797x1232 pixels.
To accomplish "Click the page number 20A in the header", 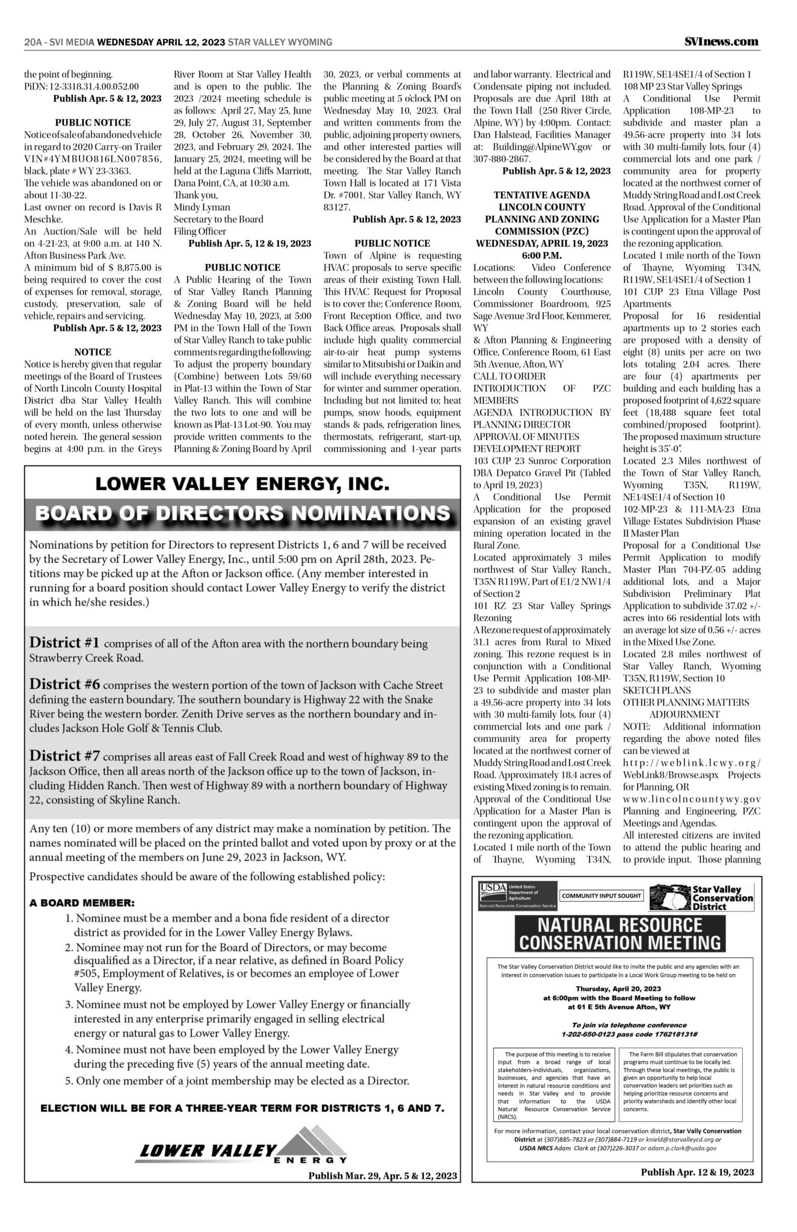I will pos(32,42).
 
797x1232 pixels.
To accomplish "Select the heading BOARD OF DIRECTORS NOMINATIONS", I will pos(242,513).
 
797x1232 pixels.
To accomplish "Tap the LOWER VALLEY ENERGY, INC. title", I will pos(242,484).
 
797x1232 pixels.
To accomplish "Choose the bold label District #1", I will pos(65,643).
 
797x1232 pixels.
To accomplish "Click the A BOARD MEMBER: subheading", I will pos(82,903).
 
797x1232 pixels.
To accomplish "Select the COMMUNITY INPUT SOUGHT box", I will pos(601,896).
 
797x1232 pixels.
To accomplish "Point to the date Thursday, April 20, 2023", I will pos(618,988).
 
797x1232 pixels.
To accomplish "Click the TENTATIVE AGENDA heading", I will pos(541,196).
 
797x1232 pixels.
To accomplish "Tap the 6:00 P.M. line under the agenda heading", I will pos(541,256).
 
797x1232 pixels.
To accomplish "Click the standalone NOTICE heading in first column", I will pos(93,352).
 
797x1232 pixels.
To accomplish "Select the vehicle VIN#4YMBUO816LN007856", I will pos(93,159).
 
